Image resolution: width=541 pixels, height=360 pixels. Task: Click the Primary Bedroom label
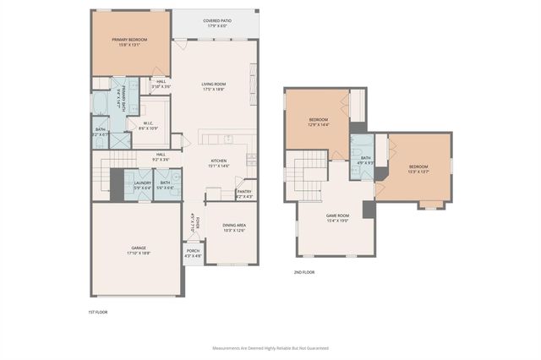[x=130, y=40]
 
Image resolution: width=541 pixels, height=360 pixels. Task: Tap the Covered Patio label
[x=218, y=20]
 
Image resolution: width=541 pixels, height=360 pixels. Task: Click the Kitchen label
[x=219, y=161]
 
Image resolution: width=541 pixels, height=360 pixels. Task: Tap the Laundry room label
[x=142, y=183]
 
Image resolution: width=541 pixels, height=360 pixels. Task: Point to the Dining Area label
[x=233, y=225]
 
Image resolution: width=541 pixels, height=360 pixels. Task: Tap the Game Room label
[x=338, y=215]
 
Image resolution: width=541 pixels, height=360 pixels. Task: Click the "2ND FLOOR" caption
[x=305, y=272]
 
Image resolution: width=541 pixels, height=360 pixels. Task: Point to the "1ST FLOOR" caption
[x=98, y=313]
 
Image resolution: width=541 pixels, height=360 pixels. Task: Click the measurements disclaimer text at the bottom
[x=270, y=347]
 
